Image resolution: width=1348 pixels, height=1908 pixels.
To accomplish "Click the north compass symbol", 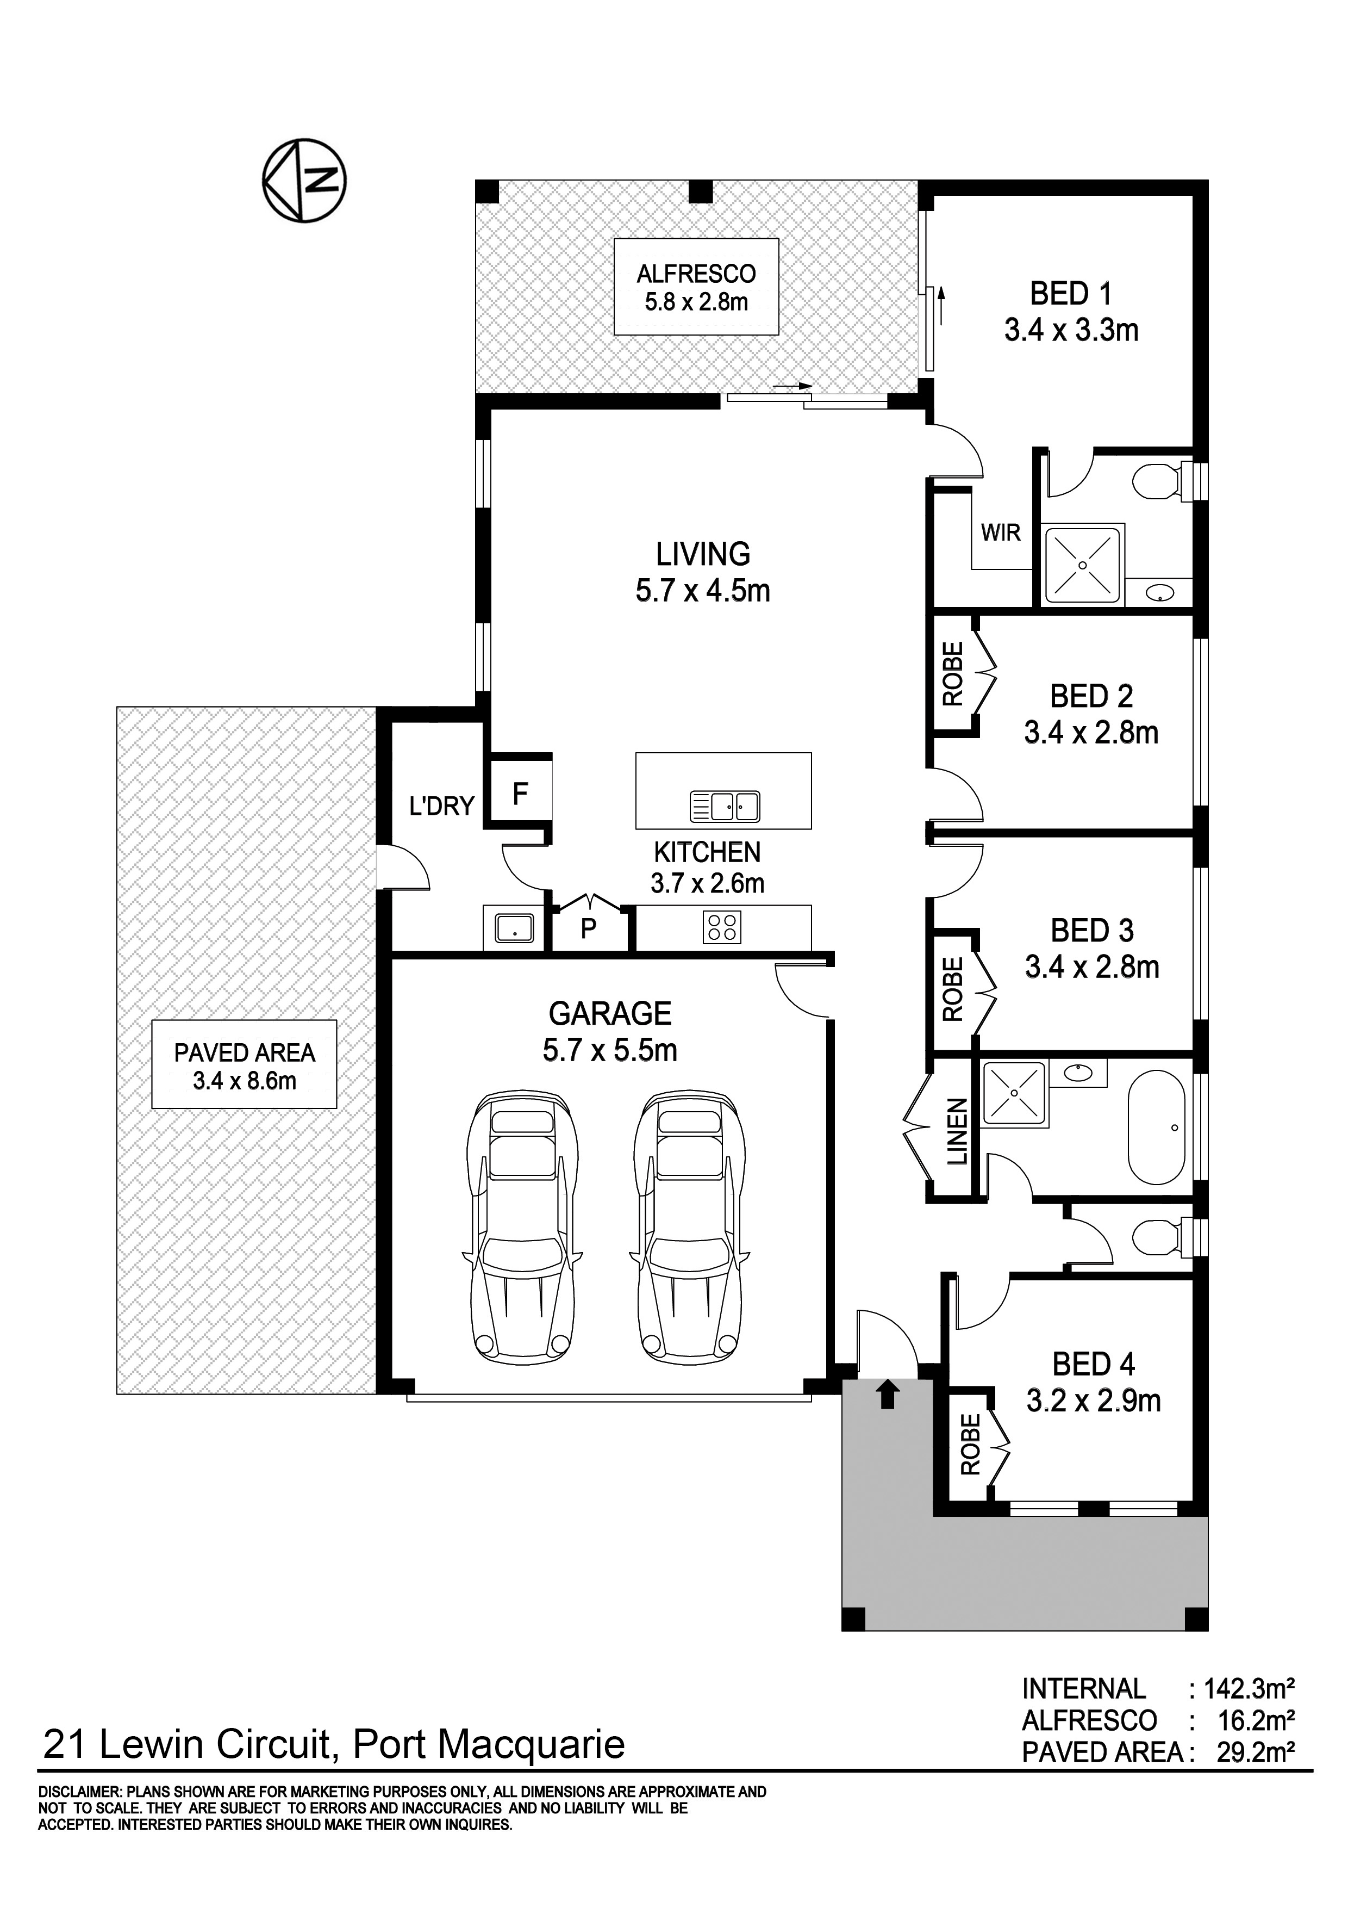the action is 304,181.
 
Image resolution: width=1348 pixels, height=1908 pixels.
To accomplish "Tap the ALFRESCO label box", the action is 696,287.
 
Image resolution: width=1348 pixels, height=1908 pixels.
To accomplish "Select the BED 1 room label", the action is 1071,312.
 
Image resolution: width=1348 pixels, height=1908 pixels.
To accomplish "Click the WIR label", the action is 1000,532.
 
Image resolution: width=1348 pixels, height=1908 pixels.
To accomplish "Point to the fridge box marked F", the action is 521,795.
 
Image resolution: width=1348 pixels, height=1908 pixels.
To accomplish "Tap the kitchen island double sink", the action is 724,806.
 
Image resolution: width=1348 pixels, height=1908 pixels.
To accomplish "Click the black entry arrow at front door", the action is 887,1393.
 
